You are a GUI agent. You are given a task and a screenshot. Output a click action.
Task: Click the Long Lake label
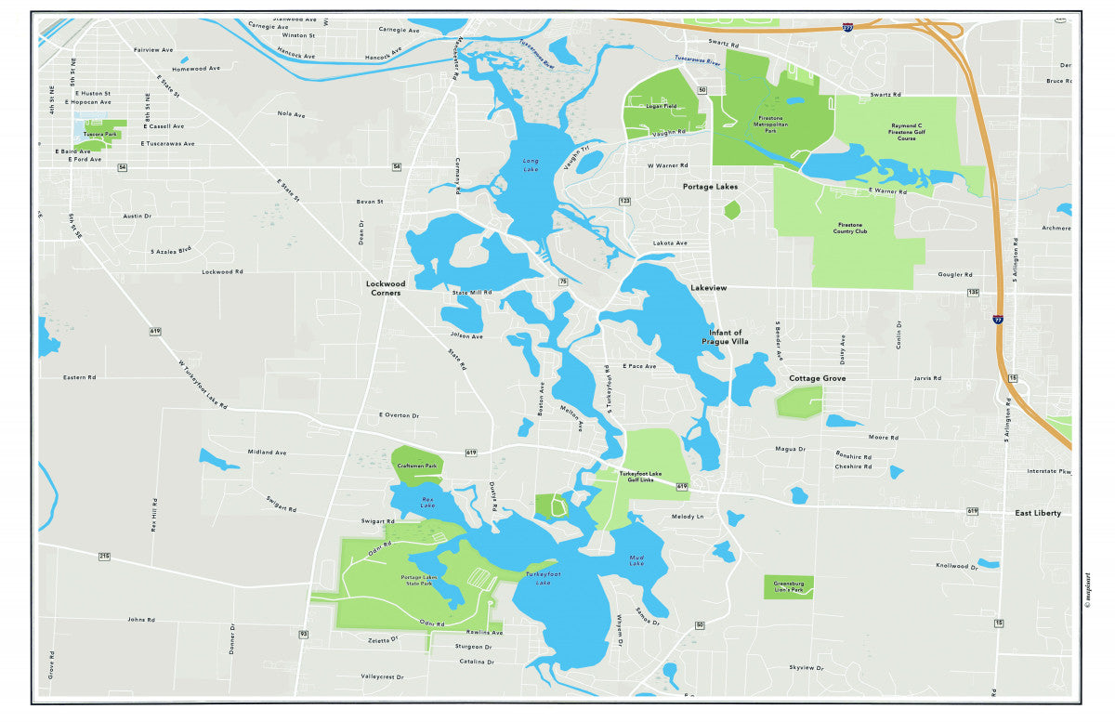point(531,164)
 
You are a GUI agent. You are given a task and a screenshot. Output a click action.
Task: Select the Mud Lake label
point(636,559)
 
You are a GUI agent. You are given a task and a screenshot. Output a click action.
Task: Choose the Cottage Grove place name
point(818,378)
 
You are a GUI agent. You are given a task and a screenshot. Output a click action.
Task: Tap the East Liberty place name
point(1038,513)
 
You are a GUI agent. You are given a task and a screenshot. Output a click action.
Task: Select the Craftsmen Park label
point(416,466)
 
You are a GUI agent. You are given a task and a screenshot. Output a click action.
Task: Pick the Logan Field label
point(661,106)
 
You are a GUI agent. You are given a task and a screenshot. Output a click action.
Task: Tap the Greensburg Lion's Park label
point(789,586)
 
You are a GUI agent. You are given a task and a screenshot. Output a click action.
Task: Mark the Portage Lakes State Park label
point(416,580)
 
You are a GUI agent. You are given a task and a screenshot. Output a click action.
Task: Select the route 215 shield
point(104,556)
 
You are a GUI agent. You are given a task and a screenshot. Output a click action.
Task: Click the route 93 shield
point(303,634)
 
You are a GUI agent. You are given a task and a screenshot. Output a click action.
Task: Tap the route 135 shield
point(973,293)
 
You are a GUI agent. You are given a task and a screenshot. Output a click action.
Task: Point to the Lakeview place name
point(708,288)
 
